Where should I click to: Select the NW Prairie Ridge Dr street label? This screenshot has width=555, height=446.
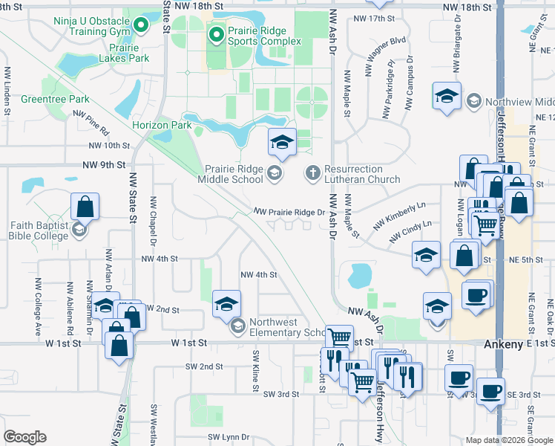pos(289,213)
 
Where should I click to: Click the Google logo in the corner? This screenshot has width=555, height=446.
pos(25,436)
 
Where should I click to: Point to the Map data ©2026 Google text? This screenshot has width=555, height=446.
pos(508,440)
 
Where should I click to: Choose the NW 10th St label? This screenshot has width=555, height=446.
pos(108,146)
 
